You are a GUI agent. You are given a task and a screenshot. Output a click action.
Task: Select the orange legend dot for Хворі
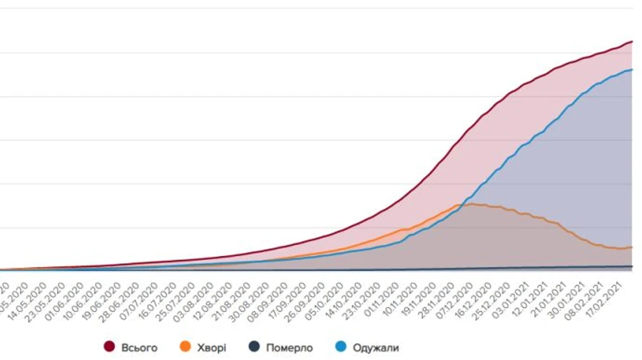click(x=185, y=347)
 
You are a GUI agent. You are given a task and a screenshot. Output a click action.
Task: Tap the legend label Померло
click(x=289, y=347)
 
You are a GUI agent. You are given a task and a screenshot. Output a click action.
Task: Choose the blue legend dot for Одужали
click(x=341, y=347)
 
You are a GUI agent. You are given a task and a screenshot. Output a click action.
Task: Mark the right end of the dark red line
click(x=632, y=42)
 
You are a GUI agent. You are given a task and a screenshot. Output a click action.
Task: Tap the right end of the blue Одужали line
click(x=632, y=70)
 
